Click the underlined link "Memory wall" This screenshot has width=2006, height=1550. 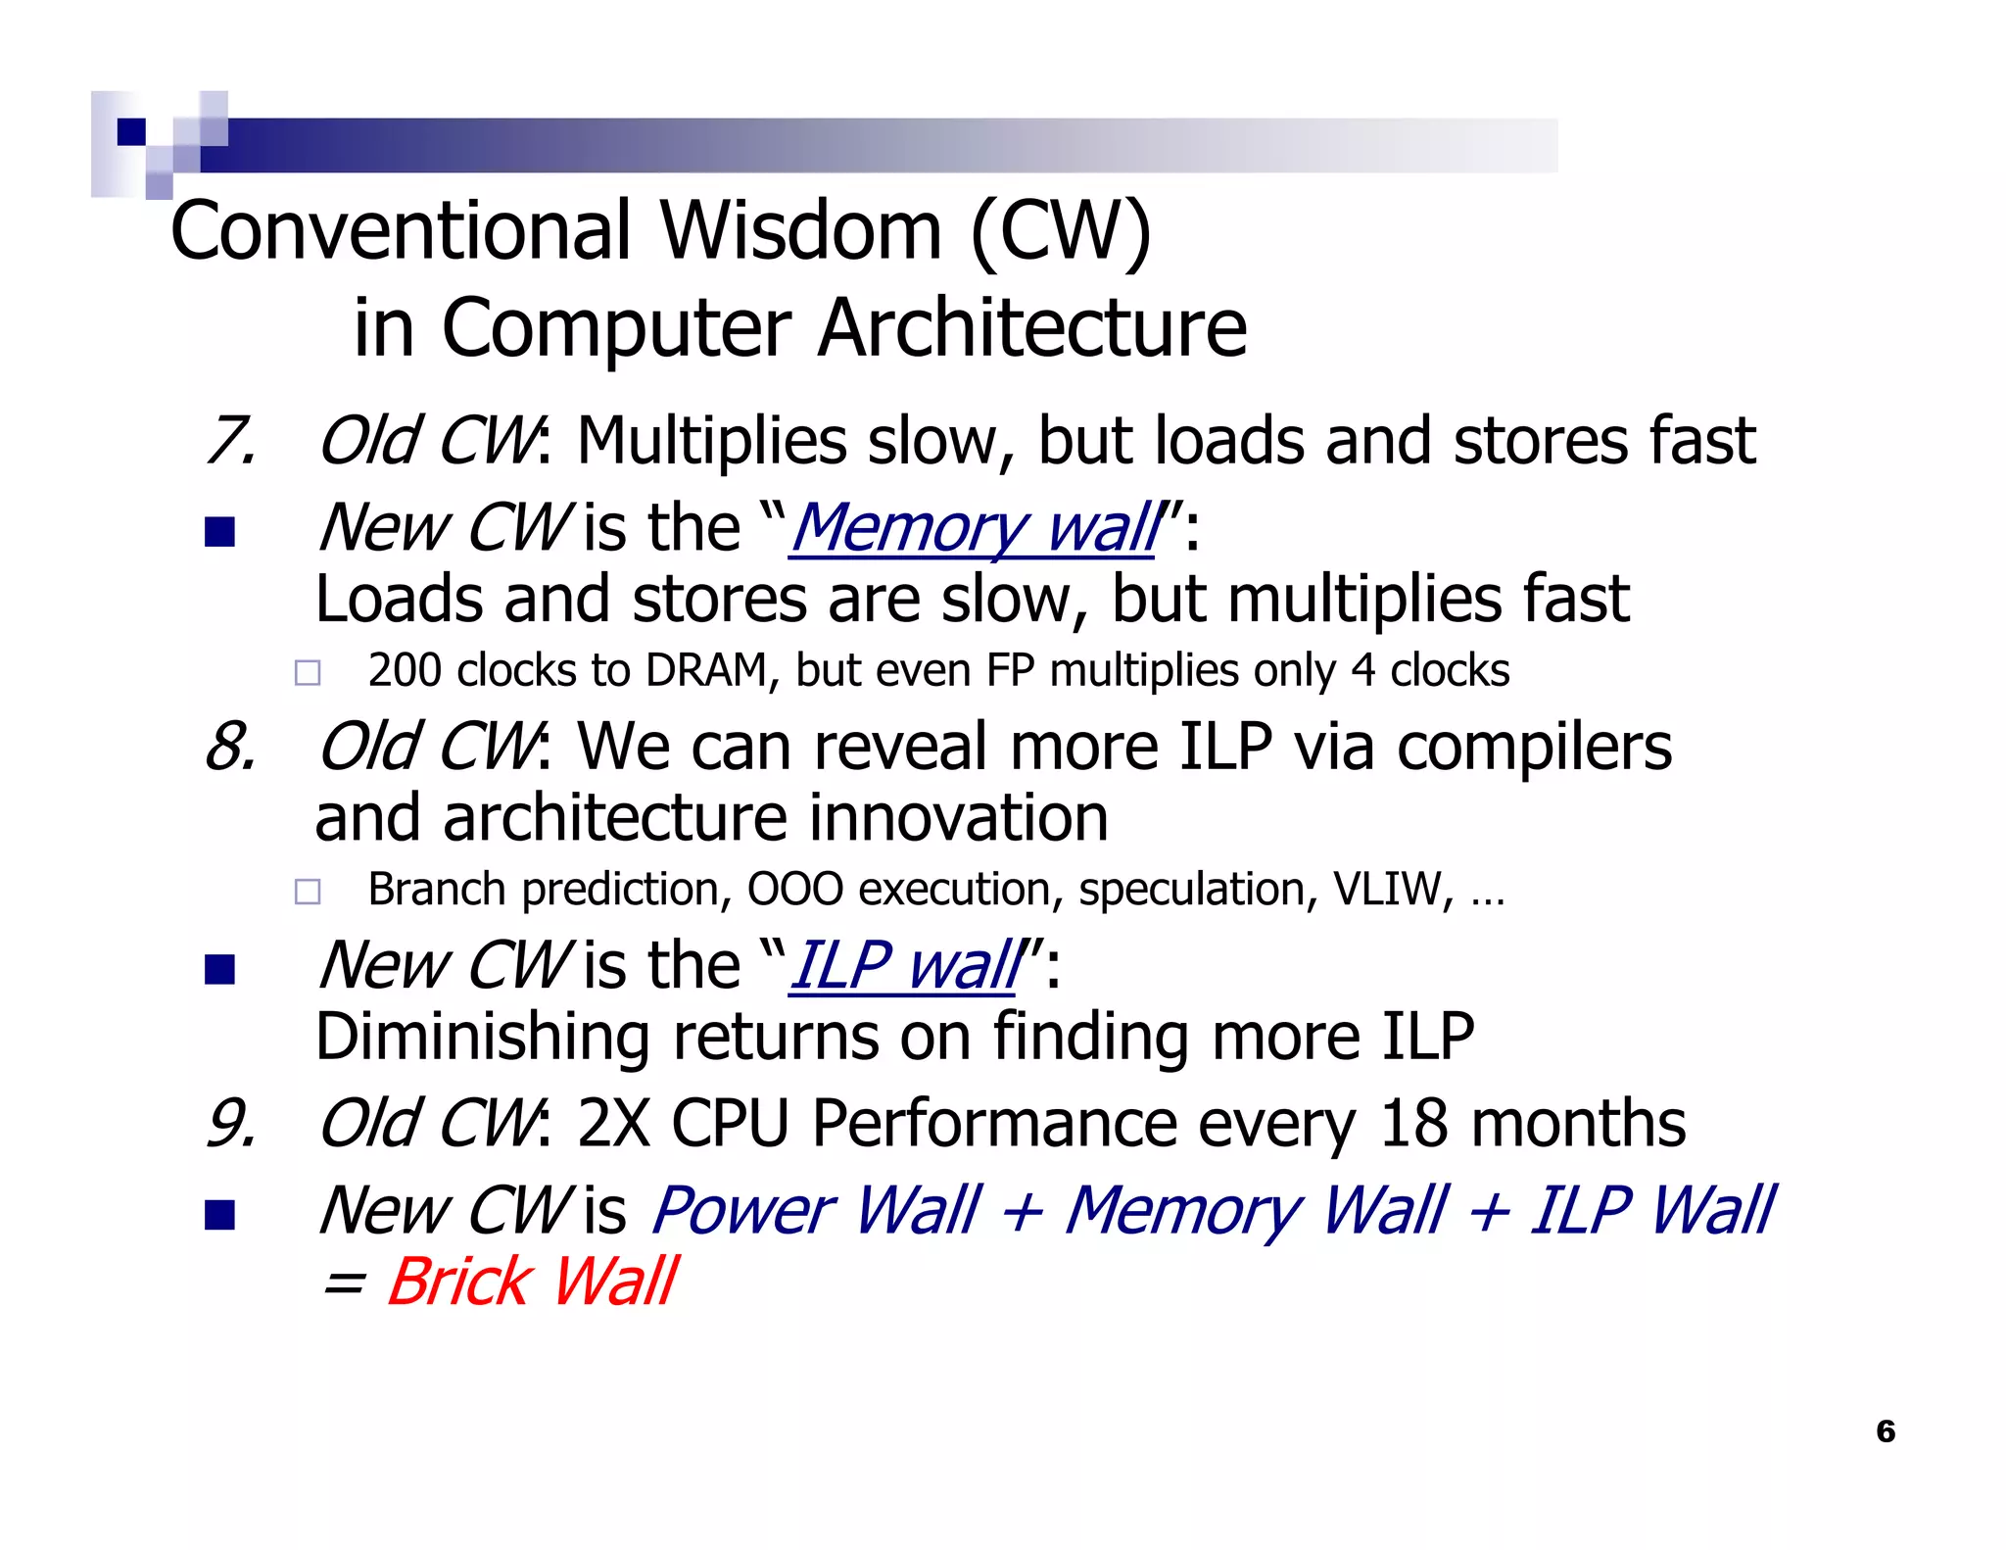(973, 529)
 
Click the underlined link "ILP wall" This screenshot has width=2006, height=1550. (903, 966)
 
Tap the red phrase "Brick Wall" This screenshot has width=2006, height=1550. (532, 1282)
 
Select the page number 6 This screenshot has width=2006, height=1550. (1885, 1431)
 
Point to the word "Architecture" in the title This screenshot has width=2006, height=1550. (1031, 328)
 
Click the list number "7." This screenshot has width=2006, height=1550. (231, 441)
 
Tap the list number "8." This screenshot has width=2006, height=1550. (231, 747)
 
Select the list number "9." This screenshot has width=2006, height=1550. (231, 1123)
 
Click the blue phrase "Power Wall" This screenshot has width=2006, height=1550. (815, 1210)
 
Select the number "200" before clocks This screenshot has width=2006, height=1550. (404, 671)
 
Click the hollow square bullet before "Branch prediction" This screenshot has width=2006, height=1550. (308, 892)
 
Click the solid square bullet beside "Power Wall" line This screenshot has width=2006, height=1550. (220, 1215)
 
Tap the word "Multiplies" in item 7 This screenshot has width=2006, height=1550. (711, 441)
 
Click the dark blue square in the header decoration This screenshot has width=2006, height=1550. (131, 132)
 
